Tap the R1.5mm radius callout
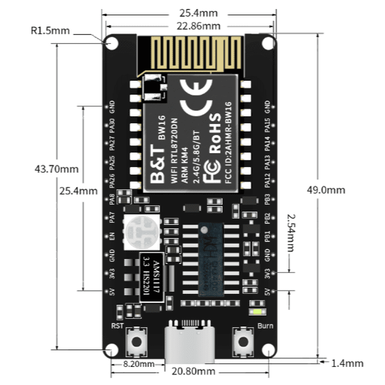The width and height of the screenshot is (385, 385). [x=50, y=31]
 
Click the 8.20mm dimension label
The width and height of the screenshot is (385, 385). [x=138, y=364]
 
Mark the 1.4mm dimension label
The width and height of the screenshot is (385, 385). [x=347, y=364]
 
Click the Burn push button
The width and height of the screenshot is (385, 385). [x=244, y=340]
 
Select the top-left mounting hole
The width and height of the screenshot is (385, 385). [x=112, y=43]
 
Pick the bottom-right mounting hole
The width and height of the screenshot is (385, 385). [x=269, y=350]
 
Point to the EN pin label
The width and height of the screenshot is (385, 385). [x=112, y=237]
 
